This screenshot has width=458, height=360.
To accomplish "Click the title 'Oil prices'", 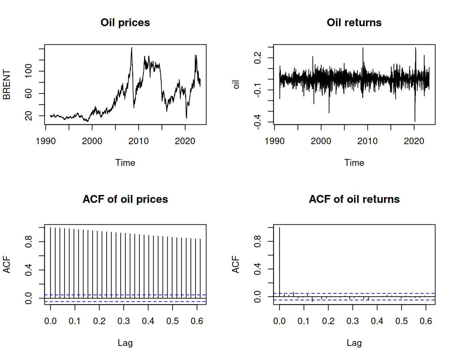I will (125, 22).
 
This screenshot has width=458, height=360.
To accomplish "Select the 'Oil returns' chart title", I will (354, 22).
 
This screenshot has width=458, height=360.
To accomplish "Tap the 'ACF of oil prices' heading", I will (125, 199).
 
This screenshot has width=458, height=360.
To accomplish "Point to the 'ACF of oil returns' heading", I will (354, 199).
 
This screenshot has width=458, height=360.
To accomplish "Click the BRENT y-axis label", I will (6, 85).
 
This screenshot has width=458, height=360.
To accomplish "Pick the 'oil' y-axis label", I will (235, 85).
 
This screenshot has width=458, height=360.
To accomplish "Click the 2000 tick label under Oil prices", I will (92, 141).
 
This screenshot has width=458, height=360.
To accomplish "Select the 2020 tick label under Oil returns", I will (414, 141).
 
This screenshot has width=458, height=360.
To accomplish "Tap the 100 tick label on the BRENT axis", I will (28, 71).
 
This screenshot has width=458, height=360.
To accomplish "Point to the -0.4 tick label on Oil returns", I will (257, 122).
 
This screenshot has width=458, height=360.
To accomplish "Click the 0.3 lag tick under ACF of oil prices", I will (124, 321).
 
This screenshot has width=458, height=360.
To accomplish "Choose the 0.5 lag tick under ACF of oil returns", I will (401, 321).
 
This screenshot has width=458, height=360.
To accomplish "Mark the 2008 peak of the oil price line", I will (132, 48).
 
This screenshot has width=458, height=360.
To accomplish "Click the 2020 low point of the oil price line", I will (186, 118).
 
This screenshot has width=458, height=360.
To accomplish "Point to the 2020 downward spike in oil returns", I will (415, 121).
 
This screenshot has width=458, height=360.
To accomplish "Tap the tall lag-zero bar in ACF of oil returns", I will (279, 259).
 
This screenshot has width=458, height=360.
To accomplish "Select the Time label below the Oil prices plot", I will (125, 163).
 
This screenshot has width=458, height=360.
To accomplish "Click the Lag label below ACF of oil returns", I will (354, 343).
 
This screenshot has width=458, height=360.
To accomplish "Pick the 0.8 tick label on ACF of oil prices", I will (28, 242).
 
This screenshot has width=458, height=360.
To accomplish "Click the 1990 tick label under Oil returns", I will (275, 141).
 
